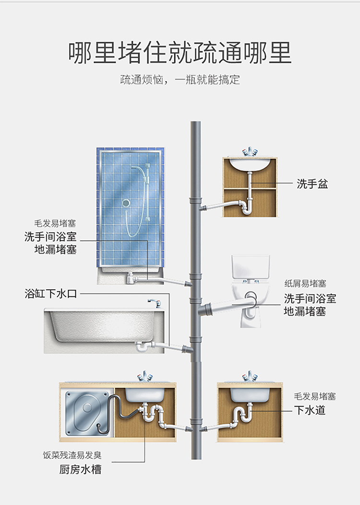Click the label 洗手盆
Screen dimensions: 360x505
click(312, 184)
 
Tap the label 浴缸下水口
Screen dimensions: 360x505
click(51, 294)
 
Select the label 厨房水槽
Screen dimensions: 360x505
click(80, 469)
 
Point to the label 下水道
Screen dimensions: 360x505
click(310, 410)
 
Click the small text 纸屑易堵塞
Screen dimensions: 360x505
click(305, 283)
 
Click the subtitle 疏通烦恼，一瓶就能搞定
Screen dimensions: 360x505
click(180, 80)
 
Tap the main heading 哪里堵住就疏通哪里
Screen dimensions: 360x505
click(180, 52)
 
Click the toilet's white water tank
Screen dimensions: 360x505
click(251, 267)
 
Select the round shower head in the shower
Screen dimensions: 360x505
click(126, 203)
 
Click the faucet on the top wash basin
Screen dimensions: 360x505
click(250, 152)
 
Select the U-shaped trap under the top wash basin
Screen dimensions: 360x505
click(247, 208)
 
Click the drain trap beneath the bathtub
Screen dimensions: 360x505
click(142, 346)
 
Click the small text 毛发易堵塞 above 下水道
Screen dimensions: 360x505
click(314, 396)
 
